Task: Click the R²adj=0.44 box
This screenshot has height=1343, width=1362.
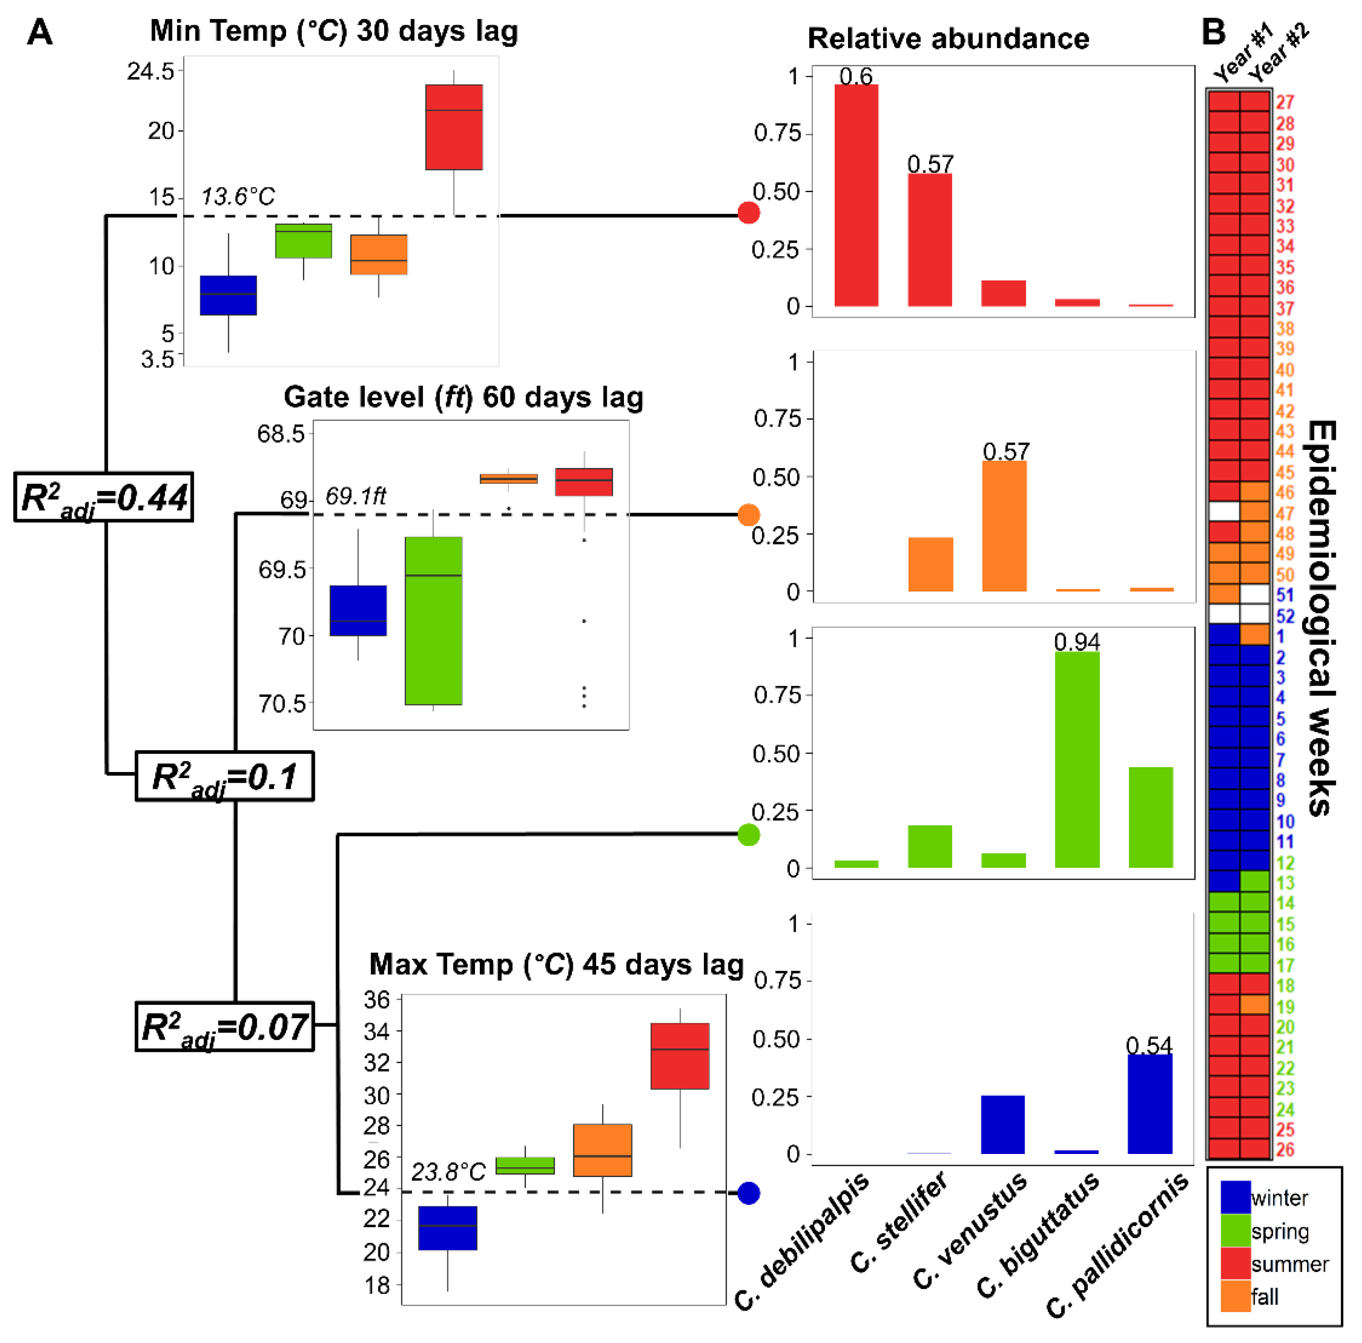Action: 104,497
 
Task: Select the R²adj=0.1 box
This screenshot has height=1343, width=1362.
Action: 224,776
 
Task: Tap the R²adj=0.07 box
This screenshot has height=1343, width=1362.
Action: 224,1026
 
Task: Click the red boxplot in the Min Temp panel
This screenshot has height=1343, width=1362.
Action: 454,127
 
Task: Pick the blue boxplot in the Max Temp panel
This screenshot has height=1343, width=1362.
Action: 447,1228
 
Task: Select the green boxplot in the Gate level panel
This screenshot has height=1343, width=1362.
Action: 434,621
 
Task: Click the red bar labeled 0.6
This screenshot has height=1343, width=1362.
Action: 856,195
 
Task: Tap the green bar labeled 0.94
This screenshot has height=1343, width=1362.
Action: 1077,760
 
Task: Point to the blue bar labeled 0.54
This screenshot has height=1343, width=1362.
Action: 1150,1104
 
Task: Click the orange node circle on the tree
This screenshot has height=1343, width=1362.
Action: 749,515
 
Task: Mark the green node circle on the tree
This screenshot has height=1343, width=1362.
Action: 749,835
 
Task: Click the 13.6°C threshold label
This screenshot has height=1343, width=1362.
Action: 238,197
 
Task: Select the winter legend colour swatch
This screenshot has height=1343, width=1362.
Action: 1236,1197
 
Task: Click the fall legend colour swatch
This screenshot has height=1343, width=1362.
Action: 1236,1296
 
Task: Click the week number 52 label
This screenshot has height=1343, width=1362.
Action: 1285,616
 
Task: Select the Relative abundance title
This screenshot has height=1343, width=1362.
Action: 948,39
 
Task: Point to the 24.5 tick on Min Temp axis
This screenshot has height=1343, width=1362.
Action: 150,71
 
